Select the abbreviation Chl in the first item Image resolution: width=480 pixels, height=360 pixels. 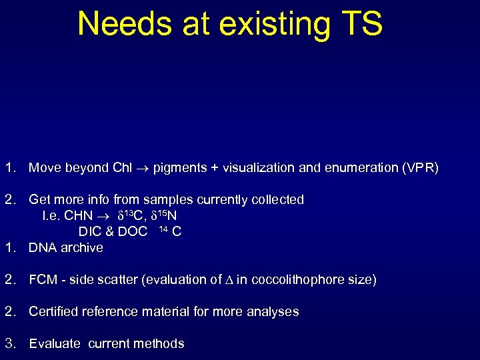121,168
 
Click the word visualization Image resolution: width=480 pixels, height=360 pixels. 256,168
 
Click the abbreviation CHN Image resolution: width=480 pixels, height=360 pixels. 77,216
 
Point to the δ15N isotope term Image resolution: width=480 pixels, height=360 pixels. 163,215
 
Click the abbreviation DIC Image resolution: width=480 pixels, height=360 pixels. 89,232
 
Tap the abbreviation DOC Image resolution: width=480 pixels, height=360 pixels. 132,232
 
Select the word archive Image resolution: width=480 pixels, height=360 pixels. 82,248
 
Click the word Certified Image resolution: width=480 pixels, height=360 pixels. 55,312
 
